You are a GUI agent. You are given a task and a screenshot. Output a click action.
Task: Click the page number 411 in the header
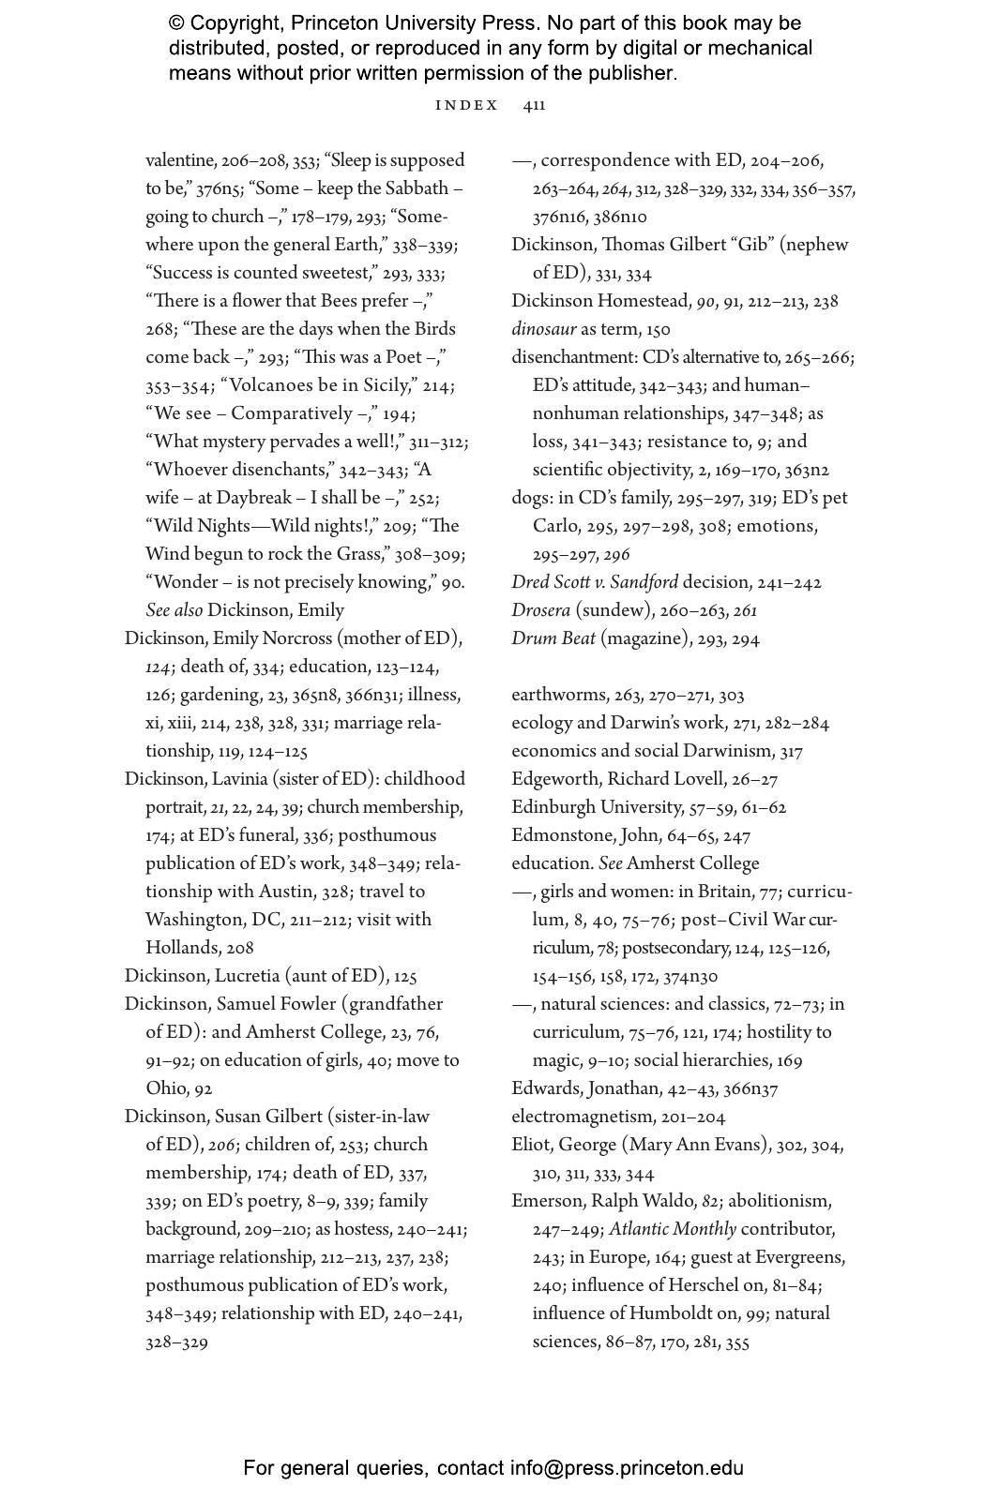click(534, 105)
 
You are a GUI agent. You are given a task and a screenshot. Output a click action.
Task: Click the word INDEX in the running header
click(467, 105)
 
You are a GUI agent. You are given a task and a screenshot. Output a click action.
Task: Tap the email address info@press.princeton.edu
click(627, 1468)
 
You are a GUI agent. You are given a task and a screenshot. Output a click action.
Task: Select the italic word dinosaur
click(543, 329)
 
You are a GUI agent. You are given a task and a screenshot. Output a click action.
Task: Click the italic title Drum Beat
click(553, 638)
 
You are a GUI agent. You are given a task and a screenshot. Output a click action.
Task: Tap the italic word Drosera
click(540, 610)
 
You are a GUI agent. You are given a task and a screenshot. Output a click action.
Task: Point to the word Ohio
click(167, 1088)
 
